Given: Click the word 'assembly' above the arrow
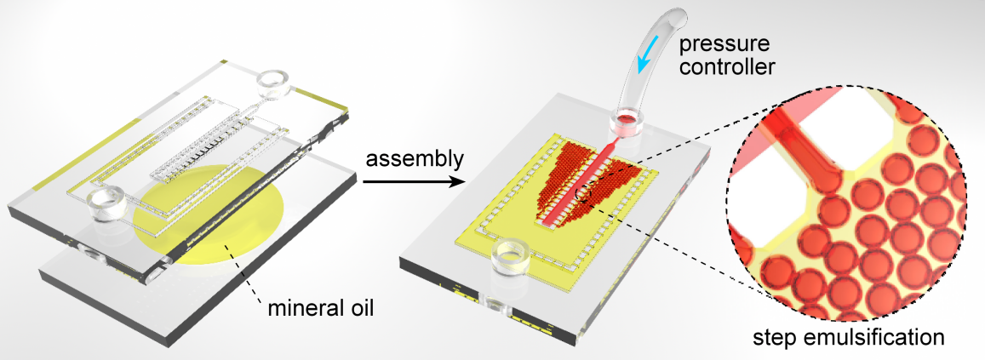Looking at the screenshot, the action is point(416,161).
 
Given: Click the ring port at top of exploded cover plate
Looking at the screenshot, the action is point(275,85).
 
